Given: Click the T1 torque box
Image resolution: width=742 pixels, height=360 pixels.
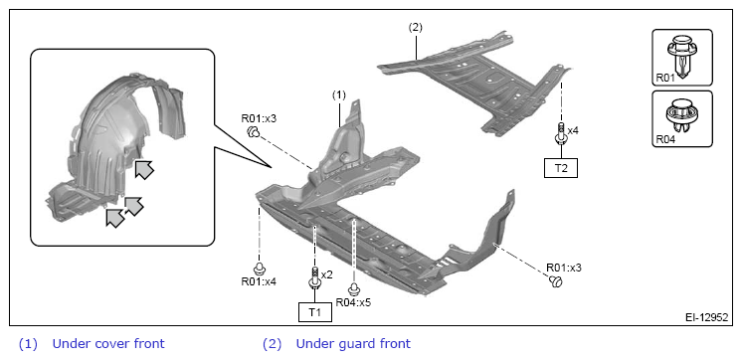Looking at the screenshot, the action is pyautogui.click(x=315, y=312).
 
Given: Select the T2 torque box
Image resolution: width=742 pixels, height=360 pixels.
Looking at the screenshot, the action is pyautogui.click(x=561, y=168).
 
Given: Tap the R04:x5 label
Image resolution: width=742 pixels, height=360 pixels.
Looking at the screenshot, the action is pyautogui.click(x=353, y=302).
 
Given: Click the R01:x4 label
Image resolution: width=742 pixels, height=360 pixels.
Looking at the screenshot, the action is pyautogui.click(x=259, y=281).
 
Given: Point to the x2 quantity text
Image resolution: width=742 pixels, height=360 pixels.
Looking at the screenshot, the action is pyautogui.click(x=327, y=274).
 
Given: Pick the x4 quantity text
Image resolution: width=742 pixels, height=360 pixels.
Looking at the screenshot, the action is pyautogui.click(x=573, y=130).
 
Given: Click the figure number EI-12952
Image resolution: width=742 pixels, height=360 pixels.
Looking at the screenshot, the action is pyautogui.click(x=707, y=317).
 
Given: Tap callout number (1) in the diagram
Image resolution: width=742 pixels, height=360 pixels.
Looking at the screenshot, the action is pyautogui.click(x=339, y=95).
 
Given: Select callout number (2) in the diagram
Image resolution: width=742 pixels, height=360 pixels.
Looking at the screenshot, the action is pyautogui.click(x=415, y=28).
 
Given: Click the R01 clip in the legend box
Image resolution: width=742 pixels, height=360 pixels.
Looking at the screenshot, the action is pyautogui.click(x=681, y=56).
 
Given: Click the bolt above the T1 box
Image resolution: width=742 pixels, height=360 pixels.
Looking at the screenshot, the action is pyautogui.click(x=315, y=278).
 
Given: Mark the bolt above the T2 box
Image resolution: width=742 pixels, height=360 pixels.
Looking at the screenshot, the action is pyautogui.click(x=561, y=133).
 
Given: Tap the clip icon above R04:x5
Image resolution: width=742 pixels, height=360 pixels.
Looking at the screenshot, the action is pyautogui.click(x=353, y=289).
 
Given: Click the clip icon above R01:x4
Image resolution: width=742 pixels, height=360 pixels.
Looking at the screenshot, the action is pyautogui.click(x=260, y=269).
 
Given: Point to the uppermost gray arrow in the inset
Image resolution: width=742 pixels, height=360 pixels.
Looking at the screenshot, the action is pyautogui.click(x=144, y=169).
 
